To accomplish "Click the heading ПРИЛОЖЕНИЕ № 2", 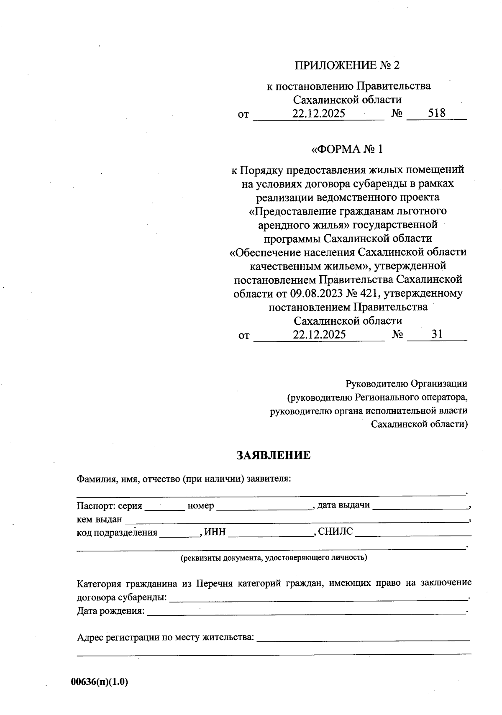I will click(x=347, y=65).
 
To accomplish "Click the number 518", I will click(x=436, y=113).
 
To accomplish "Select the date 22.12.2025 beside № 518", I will click(x=318, y=113).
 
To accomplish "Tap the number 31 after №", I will click(x=437, y=334).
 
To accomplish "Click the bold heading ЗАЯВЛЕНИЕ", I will click(x=274, y=455).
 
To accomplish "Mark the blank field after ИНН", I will click(x=271, y=533).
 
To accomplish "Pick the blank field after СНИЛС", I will click(x=413, y=533).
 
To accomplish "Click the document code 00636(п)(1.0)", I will click(x=100, y=682).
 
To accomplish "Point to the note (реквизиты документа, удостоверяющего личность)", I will click(x=274, y=558).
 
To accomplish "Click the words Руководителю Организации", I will click(x=406, y=384).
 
